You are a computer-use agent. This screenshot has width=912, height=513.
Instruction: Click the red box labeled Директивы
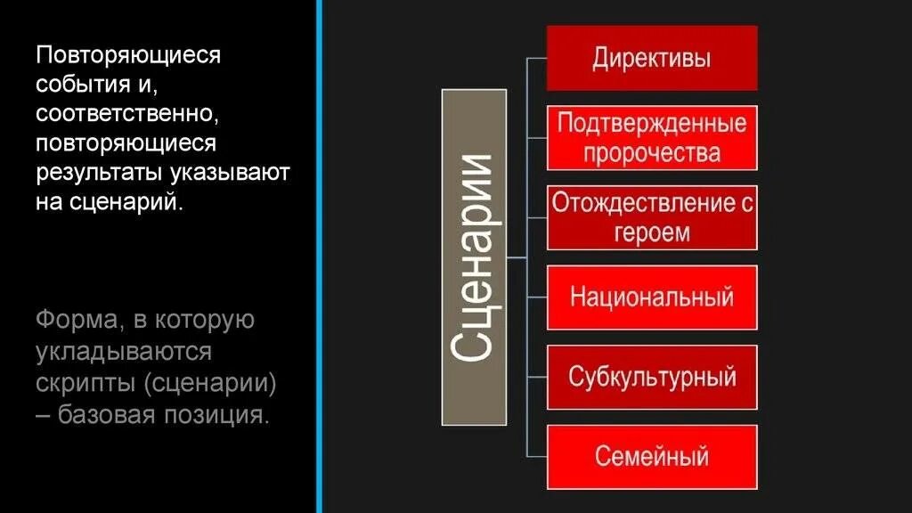652,59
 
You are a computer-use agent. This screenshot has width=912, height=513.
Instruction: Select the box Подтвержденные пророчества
652,137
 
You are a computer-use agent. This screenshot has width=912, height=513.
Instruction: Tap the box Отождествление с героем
652,217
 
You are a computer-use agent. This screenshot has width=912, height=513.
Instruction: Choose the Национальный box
652,297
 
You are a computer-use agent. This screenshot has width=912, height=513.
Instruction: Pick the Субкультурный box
652,377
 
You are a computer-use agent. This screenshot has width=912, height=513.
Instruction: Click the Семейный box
652,457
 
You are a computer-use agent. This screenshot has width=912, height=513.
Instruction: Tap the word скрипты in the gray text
84,383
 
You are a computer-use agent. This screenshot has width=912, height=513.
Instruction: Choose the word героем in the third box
652,232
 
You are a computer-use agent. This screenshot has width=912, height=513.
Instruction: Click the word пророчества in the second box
652,152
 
